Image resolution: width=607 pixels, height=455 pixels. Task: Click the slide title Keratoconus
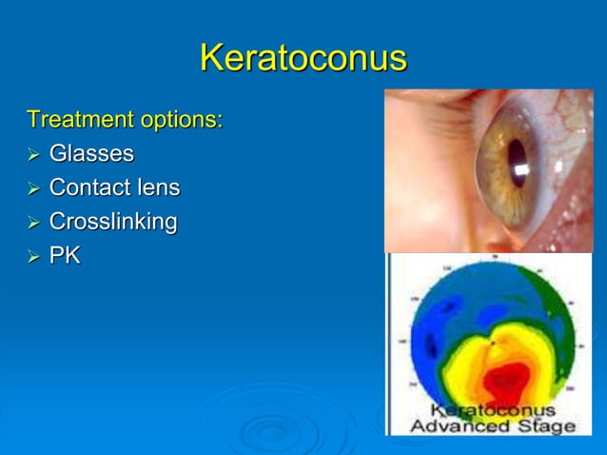[303, 58]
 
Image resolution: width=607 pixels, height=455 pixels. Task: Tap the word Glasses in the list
[91, 153]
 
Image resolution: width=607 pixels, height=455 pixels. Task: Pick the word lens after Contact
[160, 188]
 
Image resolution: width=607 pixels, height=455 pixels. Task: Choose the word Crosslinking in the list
[113, 222]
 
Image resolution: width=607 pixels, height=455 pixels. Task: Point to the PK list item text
[65, 255]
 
